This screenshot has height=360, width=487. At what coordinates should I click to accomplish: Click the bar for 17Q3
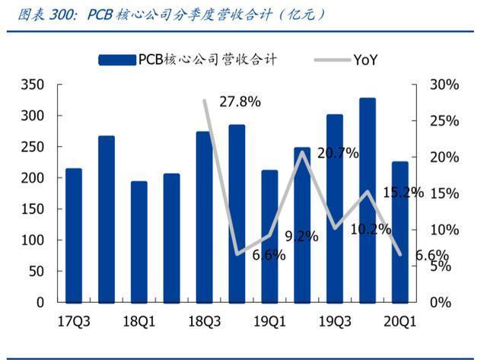tap(74, 235)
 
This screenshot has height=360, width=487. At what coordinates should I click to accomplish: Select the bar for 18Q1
tap(139, 242)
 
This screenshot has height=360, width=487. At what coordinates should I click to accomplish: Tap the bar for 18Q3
tap(205, 217)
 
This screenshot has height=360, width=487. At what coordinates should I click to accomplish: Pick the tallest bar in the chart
tap(368, 200)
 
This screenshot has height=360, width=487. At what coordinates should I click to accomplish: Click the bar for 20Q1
tap(400, 232)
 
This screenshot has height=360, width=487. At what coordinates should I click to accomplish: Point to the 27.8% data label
tap(240, 102)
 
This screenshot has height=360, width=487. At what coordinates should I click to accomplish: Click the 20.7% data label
tap(338, 153)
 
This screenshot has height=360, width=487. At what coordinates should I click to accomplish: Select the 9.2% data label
tap(302, 237)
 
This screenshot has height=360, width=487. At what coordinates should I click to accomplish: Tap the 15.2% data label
tap(403, 193)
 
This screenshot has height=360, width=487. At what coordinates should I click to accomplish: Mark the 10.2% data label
tap(371, 230)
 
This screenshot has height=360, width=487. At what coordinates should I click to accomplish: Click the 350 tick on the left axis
tap(32, 84)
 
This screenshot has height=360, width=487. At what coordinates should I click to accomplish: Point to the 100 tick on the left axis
tap(32, 240)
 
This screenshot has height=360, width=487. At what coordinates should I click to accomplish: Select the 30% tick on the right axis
tap(444, 84)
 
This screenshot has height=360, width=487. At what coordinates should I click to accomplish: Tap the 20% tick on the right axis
tap(444, 158)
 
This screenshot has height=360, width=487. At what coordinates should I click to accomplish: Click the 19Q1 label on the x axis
tap(269, 321)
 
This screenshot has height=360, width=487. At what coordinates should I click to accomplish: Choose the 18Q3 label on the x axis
tap(205, 321)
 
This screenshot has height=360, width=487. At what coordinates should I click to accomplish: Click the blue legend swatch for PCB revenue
tap(117, 60)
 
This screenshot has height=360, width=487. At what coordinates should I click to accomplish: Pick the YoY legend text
tap(365, 60)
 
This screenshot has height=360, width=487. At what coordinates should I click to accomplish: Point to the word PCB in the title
tap(100, 14)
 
